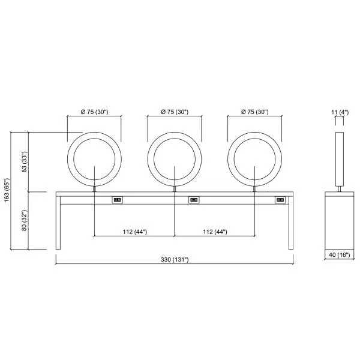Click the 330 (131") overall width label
(175, 260)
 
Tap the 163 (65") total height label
(7, 190)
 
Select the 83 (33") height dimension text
(25, 162)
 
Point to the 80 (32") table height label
(25, 220)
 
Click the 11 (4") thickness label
(340, 112)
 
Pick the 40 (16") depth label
(340, 255)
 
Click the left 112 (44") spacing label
(135, 232)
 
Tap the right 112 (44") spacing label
(215, 232)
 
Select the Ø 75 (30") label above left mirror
(94, 112)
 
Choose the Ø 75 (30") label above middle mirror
(175, 112)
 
